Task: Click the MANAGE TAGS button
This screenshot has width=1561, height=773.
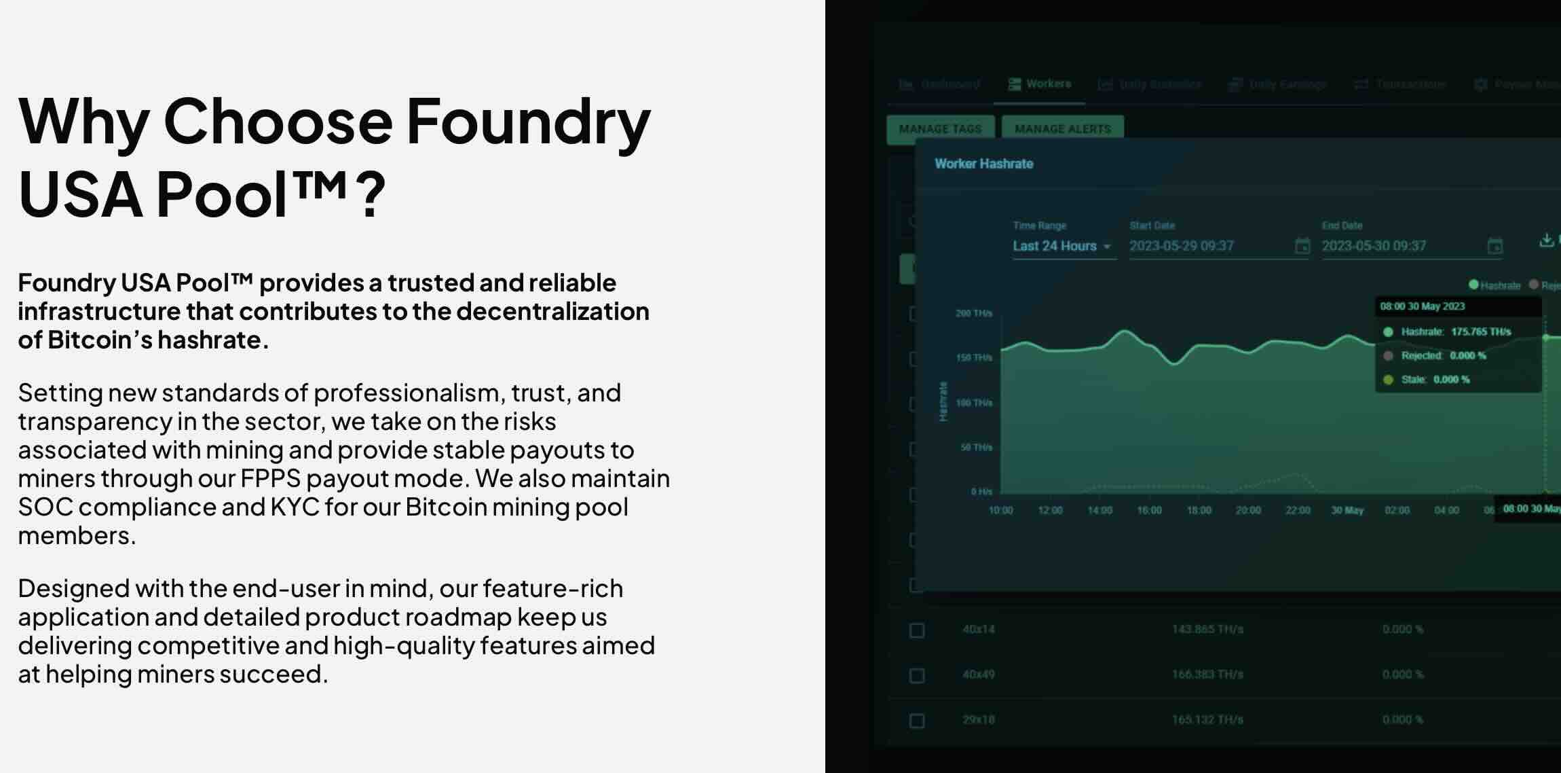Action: pyautogui.click(x=940, y=129)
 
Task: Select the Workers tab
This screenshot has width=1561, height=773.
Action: pyautogui.click(x=1040, y=84)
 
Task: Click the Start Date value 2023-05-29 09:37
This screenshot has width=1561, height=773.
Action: pyautogui.click(x=1182, y=246)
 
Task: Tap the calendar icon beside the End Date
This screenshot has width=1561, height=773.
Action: pyautogui.click(x=1494, y=246)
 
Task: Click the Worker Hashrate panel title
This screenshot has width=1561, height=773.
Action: pyautogui.click(x=983, y=164)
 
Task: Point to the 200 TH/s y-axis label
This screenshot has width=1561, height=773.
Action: pyautogui.click(x=973, y=313)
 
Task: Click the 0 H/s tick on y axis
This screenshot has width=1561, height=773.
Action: pyautogui.click(x=981, y=491)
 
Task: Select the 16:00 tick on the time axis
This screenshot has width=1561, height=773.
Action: pyautogui.click(x=1149, y=510)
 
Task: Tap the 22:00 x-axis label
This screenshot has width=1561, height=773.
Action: pyautogui.click(x=1298, y=510)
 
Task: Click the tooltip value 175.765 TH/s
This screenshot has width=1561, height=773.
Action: pyautogui.click(x=1481, y=331)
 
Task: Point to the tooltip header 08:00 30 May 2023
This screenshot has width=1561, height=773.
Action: pyautogui.click(x=1423, y=306)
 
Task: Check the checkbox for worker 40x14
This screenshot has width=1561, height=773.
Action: pyautogui.click(x=917, y=630)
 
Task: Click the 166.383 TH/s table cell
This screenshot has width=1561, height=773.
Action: pyautogui.click(x=1207, y=675)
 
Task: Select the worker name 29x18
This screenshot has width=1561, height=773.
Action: pyautogui.click(x=978, y=719)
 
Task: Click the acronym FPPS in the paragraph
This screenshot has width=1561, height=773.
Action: pyautogui.click(x=270, y=478)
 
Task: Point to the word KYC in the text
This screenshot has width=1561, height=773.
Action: pyautogui.click(x=295, y=507)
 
